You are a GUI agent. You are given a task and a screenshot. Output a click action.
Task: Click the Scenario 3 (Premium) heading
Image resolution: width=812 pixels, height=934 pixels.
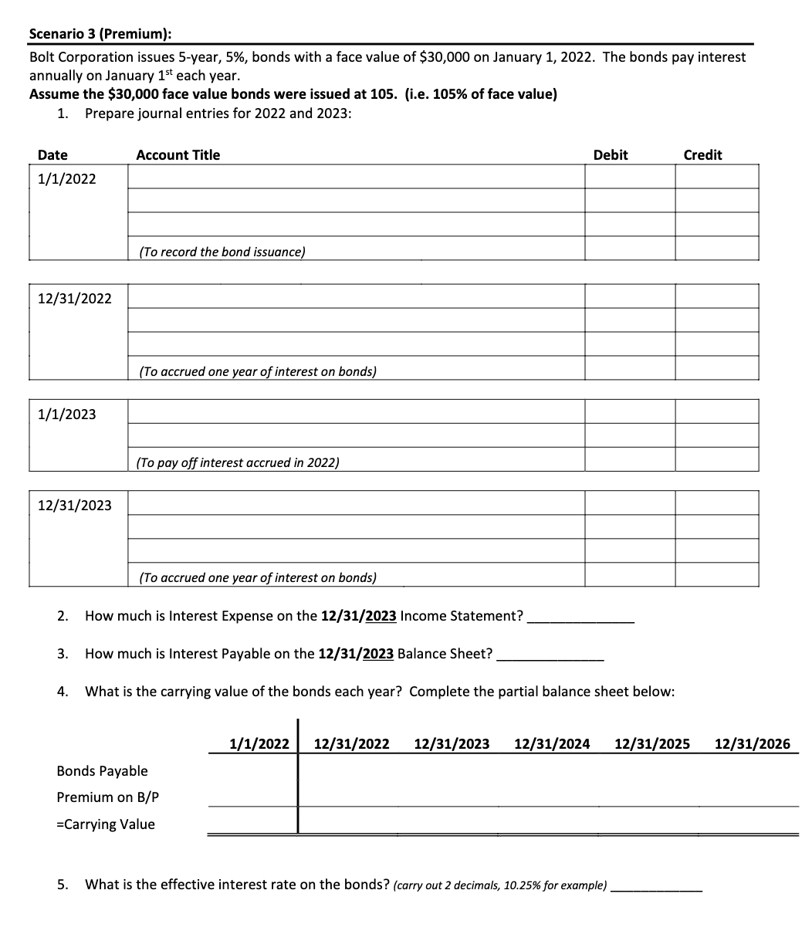pos(100,34)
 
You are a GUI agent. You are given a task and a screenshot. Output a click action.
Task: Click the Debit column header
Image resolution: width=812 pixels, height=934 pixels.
pos(610,155)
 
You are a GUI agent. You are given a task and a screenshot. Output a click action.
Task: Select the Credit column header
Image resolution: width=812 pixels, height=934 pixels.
pos(702,155)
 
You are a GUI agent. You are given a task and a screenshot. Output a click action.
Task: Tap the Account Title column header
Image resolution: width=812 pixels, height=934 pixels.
pos(178,155)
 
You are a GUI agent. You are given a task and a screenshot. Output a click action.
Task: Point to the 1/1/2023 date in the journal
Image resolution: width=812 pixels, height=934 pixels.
pos(67,415)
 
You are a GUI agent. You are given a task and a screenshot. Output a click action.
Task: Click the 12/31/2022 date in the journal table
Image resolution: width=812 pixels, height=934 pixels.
pos(74,299)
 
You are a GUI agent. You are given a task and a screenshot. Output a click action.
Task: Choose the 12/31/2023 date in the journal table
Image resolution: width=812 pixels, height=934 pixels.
pos(74,506)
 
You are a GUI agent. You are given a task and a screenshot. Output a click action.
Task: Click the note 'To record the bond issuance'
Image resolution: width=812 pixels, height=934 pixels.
pos(222,252)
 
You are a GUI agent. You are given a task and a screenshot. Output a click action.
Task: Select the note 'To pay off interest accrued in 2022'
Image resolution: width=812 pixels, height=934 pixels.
pos(238,462)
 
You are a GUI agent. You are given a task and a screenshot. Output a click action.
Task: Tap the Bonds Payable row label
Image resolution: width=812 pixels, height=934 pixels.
pos(102,771)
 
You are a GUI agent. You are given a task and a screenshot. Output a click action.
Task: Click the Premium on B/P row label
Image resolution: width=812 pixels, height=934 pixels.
pos(108,797)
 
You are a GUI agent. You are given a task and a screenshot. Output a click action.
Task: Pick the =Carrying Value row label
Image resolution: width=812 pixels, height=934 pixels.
pos(106,824)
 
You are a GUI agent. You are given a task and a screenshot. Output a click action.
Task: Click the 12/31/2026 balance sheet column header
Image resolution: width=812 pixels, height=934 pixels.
pos(753,744)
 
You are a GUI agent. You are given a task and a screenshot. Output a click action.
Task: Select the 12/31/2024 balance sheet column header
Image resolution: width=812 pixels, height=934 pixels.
pos(552,744)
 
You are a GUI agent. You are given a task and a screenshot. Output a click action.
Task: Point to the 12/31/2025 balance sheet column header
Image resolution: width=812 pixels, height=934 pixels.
pos(652,744)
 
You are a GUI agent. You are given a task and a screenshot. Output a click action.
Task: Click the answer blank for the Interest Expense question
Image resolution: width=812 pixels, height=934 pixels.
pos(580,617)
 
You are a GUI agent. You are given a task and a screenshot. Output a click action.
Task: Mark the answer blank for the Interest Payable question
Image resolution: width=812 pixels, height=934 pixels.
pos(550,655)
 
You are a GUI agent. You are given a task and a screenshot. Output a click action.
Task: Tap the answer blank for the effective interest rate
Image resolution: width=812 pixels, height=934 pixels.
pos(656,885)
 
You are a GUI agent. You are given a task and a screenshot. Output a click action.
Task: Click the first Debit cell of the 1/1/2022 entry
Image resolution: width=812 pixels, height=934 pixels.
pos(629,177)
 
